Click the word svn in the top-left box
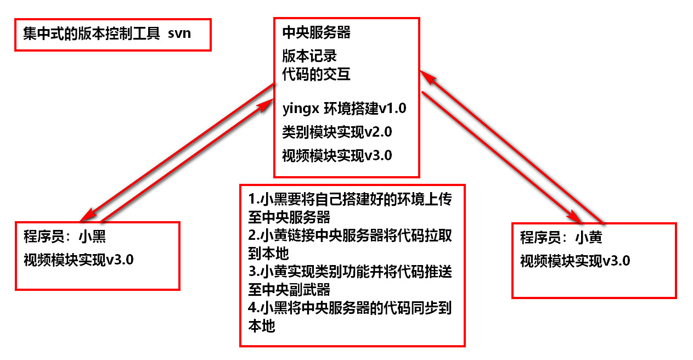180,33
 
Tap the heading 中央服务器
316,32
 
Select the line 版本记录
309,55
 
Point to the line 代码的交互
316,74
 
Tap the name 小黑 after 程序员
93,237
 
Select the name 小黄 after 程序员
589,238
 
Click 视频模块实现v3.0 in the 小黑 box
78,259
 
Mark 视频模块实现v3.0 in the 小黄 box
575,261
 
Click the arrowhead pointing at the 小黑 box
87,216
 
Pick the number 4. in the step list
252,308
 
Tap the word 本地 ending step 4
262,327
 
